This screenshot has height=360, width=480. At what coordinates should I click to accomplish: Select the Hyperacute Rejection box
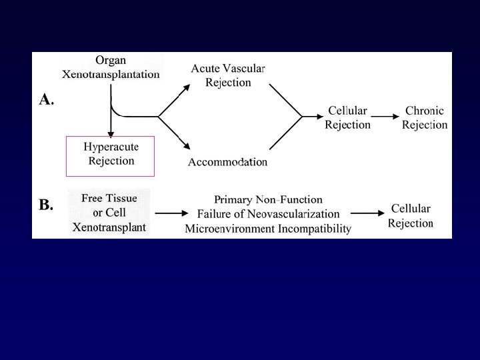click(111, 155)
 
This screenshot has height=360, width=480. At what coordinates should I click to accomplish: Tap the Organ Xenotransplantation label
click(111, 67)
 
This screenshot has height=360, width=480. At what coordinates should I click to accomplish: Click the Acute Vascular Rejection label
click(228, 75)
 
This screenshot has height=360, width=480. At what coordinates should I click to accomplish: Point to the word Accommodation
click(227, 162)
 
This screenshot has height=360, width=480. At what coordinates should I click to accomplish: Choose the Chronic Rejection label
click(425, 118)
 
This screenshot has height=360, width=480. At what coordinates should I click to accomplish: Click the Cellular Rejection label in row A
click(347, 118)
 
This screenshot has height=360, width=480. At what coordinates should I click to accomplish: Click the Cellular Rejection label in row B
click(411, 215)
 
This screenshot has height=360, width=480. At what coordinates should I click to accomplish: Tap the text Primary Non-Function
click(268, 199)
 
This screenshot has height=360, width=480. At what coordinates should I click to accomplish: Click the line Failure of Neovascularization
click(268, 214)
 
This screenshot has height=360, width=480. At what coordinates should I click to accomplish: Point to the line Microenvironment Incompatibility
click(268, 229)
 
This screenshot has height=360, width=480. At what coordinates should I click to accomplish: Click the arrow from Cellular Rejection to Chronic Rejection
click(385, 117)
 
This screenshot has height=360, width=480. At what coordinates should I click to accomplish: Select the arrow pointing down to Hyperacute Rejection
click(111, 120)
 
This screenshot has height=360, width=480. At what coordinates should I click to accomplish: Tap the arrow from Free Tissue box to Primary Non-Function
click(170, 213)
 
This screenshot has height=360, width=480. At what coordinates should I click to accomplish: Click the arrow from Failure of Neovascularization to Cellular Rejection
click(365, 213)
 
